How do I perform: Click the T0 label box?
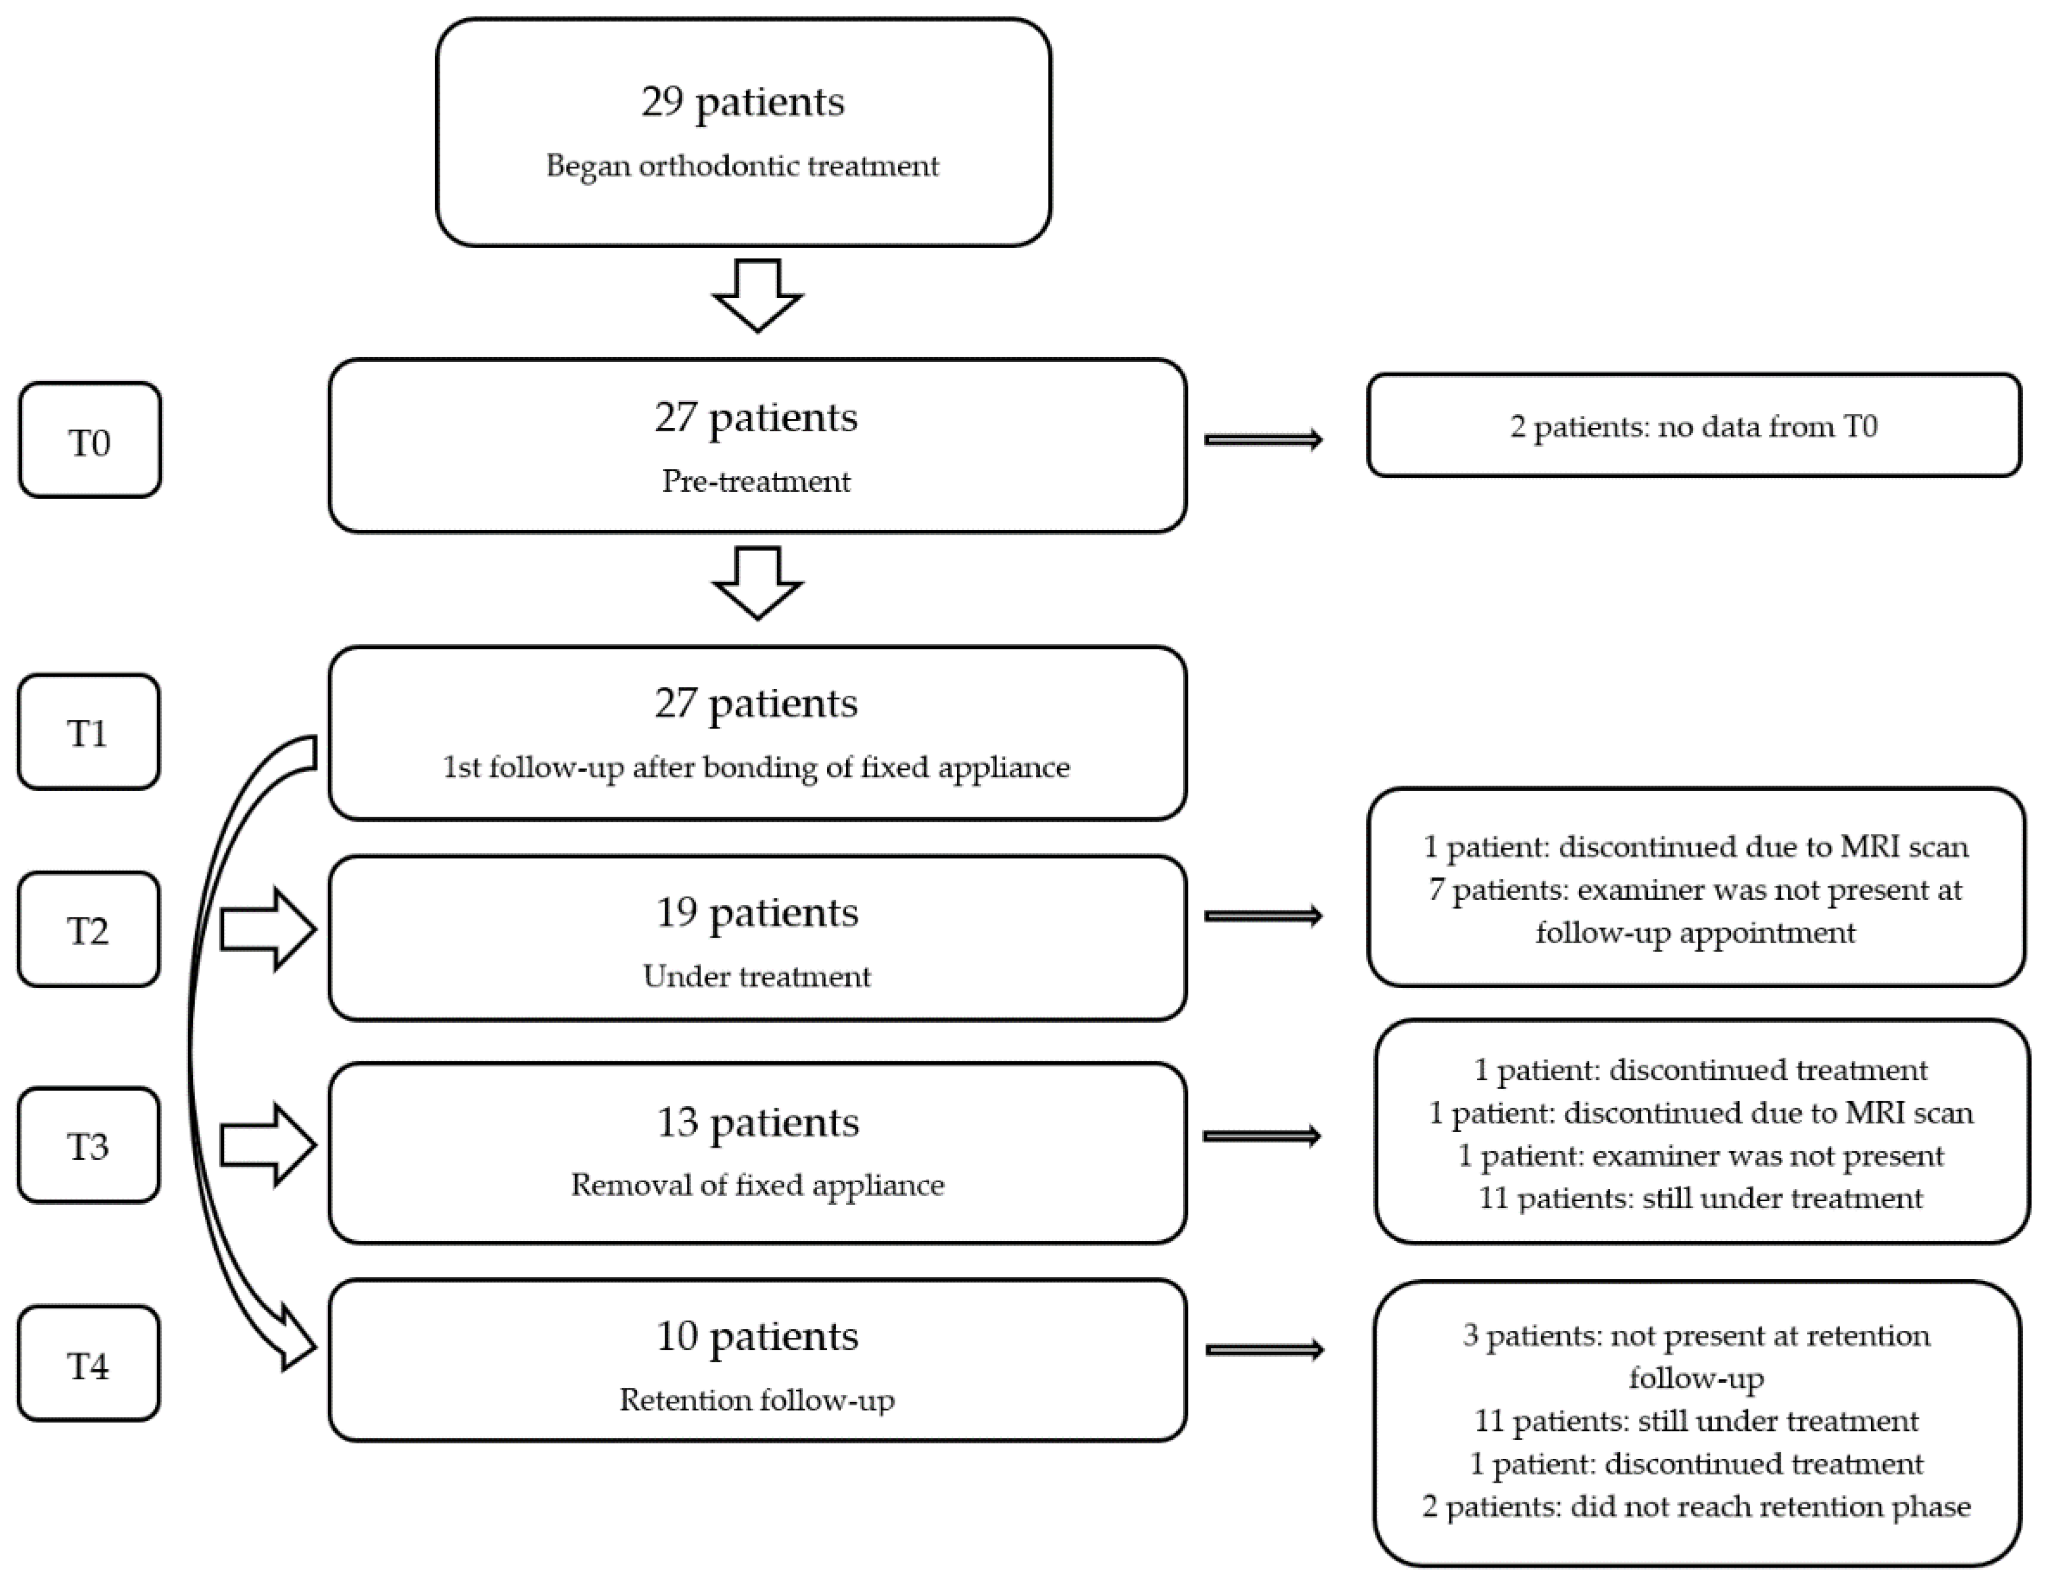[90, 440]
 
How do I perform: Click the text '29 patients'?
[743, 101]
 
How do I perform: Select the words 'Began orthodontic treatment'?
[743, 166]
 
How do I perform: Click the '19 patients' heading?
[757, 912]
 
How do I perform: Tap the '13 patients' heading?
[757, 1122]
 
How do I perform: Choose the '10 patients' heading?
[757, 1335]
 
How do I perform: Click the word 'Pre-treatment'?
[757, 481]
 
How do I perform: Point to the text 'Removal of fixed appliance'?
[757, 1184]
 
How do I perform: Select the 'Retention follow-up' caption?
[757, 1399]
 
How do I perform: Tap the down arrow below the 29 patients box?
[757, 295]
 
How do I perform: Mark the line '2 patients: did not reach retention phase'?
[1695, 1506]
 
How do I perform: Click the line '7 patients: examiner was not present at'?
[1695, 889]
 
